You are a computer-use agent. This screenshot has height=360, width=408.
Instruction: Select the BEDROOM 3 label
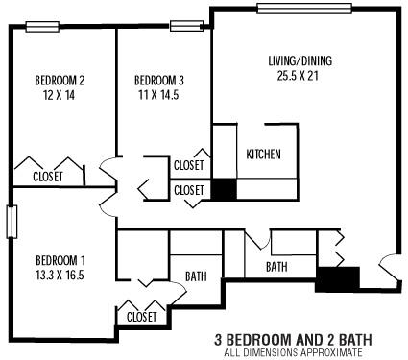coord(159,80)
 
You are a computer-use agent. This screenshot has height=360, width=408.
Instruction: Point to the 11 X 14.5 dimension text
coord(159,95)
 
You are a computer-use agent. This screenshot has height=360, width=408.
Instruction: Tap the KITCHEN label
coord(264,156)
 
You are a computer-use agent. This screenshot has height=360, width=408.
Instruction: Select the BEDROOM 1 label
coord(60,260)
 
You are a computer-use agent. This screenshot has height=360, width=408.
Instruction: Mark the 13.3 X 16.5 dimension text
coord(60,276)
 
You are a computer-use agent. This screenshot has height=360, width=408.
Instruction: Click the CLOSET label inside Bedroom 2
coord(47,177)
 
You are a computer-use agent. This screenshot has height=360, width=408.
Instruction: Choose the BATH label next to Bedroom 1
coord(196,276)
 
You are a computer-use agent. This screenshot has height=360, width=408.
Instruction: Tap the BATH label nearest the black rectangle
coord(277,267)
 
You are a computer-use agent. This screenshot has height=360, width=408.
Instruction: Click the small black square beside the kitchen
coord(223,189)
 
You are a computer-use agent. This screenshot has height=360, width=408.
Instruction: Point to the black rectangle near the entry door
coord(337,278)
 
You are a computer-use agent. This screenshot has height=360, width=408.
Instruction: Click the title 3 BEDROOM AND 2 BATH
coord(292,340)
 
